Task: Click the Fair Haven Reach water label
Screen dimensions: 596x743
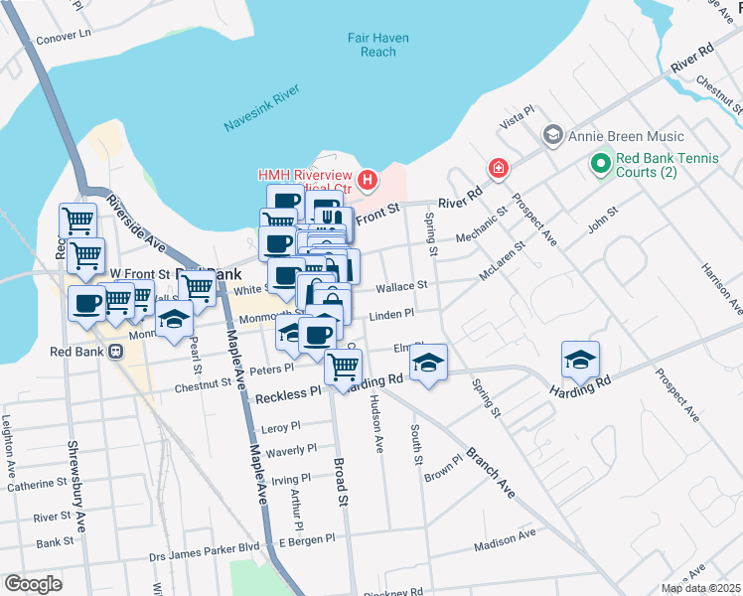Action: point(377,45)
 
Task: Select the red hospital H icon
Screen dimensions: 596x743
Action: point(368,180)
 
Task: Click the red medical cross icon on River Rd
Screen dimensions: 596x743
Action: point(498,169)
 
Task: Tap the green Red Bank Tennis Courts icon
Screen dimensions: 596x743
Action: point(600,161)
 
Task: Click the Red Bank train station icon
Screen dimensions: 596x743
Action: point(115,351)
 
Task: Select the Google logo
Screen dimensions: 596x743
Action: point(34,584)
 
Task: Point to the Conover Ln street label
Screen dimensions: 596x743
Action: point(63,34)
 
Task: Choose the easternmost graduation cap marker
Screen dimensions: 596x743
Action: point(580,360)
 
